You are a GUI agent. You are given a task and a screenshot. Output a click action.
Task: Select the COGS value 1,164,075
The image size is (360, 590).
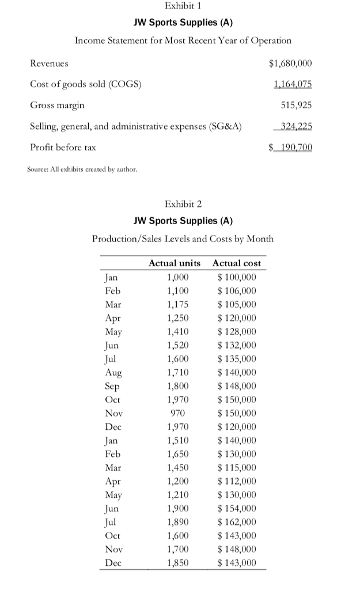[x=292, y=84]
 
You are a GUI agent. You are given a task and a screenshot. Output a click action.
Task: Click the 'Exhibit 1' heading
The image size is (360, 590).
[x=183, y=6]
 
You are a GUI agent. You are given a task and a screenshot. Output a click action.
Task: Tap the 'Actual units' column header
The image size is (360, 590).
[x=175, y=263]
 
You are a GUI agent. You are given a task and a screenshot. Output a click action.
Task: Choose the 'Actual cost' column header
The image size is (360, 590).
[x=237, y=263]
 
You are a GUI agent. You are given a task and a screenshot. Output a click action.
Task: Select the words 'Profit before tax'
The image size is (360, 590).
[x=63, y=147]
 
